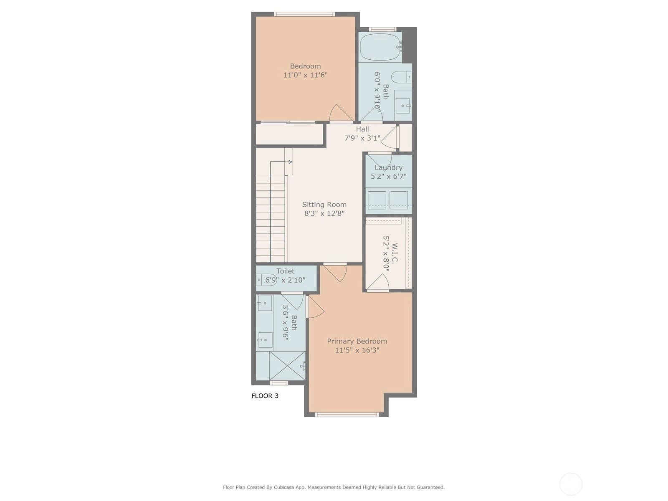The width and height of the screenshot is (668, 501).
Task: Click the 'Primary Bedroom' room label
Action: pos(357,341)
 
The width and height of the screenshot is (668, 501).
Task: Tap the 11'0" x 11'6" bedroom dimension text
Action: pos(305,75)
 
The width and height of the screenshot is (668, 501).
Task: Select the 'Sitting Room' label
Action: pos(324,205)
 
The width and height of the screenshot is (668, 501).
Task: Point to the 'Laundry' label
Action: pos(388,167)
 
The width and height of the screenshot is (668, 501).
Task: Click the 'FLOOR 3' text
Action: pos(265,396)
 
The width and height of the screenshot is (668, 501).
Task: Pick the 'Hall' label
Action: pos(362,129)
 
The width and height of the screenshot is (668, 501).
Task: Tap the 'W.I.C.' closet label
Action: pos(395,253)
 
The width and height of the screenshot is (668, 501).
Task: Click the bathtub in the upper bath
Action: pos(380,47)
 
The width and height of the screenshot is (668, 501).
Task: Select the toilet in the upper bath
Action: pos(401,77)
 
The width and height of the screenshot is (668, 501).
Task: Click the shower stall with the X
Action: pos(287,366)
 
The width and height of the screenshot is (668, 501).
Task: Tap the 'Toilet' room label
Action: pos(286,271)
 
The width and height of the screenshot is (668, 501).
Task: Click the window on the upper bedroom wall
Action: pos(304,14)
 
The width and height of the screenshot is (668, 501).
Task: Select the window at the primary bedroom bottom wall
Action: pos(347,414)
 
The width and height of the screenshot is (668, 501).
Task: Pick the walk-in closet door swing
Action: pos(378,282)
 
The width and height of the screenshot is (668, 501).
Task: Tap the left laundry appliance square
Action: pos(377,200)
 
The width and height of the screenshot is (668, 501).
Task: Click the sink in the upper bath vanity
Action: pos(402,106)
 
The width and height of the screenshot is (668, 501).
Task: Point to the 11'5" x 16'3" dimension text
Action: pos(357,350)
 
